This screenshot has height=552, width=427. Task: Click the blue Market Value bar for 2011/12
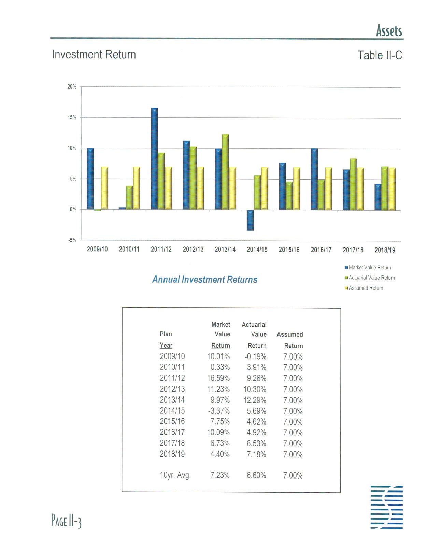tap(154, 159)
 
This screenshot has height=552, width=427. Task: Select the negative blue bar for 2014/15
tap(250, 220)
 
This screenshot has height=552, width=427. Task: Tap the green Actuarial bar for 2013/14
tap(225, 172)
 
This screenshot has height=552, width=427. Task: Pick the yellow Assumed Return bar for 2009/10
tap(104, 188)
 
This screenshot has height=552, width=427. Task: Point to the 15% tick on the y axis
tap(72, 117)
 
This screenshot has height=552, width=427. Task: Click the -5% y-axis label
tap(72, 240)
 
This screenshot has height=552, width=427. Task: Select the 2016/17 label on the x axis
tap(321, 250)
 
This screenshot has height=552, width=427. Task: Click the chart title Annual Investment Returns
tap(204, 280)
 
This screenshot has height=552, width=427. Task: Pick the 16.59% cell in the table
tap(218, 378)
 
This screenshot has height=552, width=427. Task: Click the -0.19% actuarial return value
tap(255, 357)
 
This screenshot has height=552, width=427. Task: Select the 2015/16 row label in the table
tap(172, 421)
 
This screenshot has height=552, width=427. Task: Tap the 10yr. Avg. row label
tap(175, 475)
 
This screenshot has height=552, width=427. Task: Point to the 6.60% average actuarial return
tap(256, 475)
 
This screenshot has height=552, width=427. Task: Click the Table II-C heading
tap(380, 55)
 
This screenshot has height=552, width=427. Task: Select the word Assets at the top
tap(389, 31)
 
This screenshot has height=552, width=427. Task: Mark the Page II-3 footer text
tap(66, 521)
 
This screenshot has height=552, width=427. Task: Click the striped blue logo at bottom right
tap(386, 507)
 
